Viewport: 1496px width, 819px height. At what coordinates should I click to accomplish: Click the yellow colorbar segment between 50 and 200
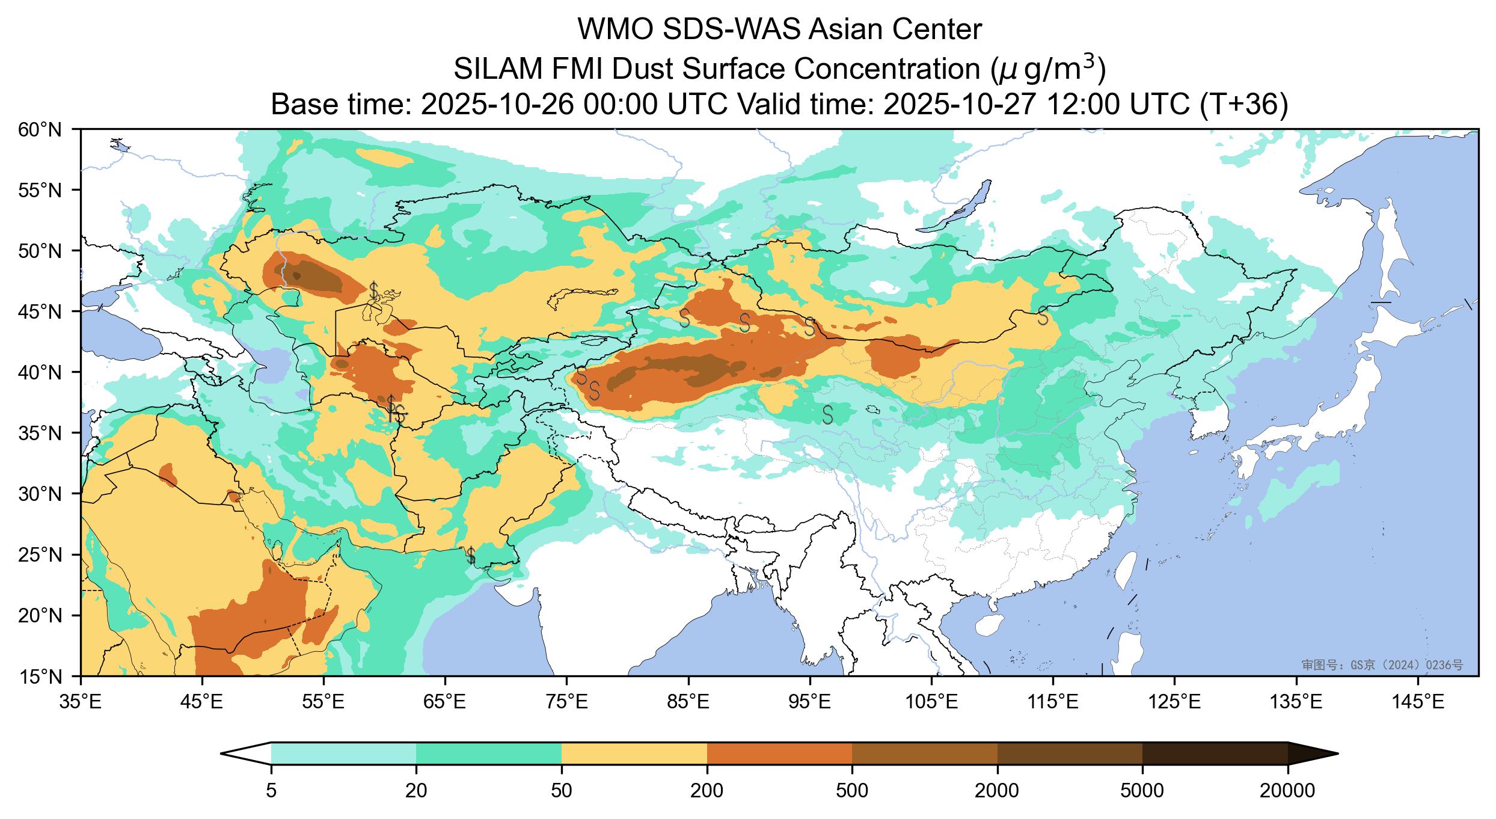pos(634,753)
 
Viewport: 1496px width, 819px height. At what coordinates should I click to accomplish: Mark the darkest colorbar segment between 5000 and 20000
pos(1215,753)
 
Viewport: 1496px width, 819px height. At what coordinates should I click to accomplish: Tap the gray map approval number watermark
pos(1382,664)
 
